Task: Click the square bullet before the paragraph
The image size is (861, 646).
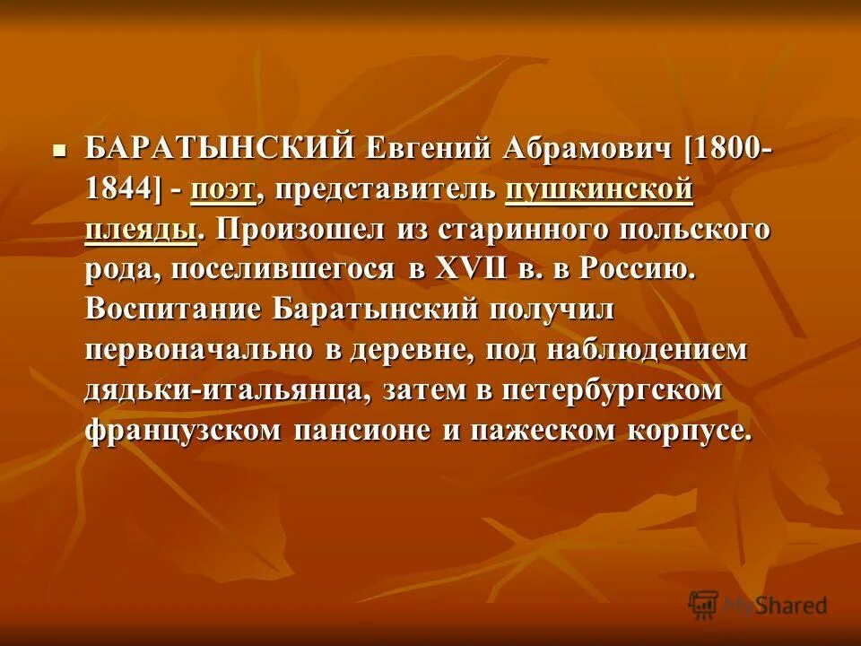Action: (59, 149)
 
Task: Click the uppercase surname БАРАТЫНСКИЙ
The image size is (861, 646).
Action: (221, 149)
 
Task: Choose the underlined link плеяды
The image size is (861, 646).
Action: (141, 230)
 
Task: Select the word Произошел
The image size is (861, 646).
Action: (297, 230)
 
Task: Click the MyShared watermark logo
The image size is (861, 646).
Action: (758, 605)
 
